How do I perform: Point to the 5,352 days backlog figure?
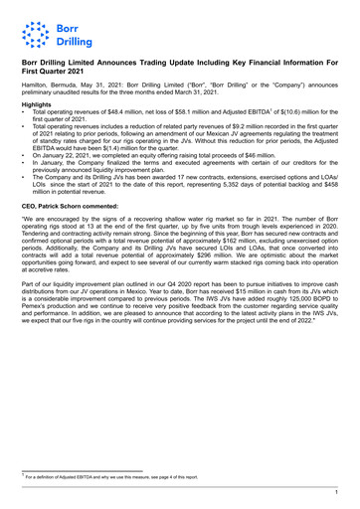point(246,213)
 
